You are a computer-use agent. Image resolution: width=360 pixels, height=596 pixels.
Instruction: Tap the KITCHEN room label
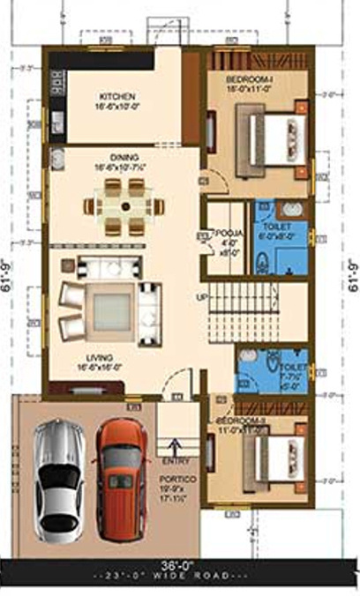click(x=116, y=95)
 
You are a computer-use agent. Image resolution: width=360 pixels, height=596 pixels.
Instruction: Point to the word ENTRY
click(x=173, y=461)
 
